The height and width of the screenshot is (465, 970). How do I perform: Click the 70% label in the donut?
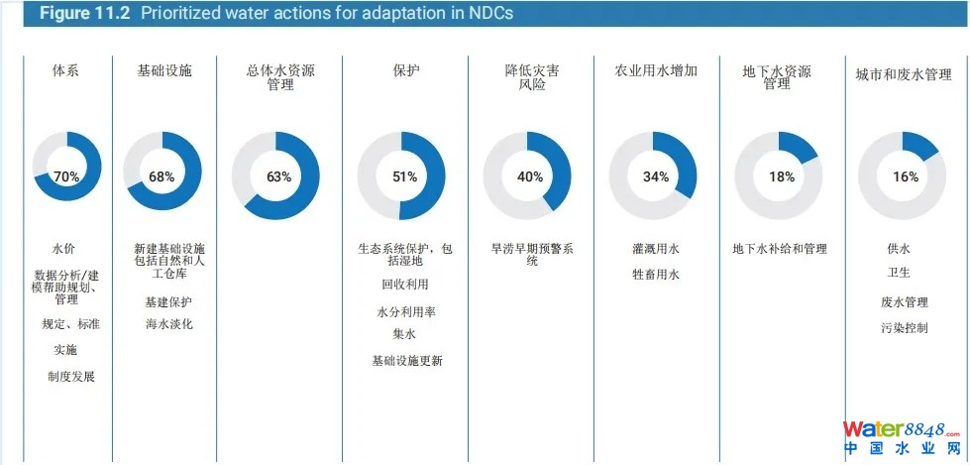[x=66, y=176]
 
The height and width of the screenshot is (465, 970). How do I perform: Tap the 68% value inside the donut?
[x=162, y=176]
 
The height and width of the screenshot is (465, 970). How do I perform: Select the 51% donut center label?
[x=404, y=176]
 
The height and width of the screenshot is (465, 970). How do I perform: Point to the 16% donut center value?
[x=906, y=176]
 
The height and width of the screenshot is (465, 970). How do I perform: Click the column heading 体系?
[x=66, y=71]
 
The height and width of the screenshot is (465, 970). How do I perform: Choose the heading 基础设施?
[x=164, y=71]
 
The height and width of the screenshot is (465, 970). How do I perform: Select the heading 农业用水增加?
[x=656, y=71]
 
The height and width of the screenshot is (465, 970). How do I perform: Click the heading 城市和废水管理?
[x=904, y=73]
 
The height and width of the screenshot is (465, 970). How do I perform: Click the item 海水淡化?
[x=168, y=324]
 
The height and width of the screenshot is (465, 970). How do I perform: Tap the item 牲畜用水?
[x=656, y=275]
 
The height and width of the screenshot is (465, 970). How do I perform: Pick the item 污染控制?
[x=904, y=327]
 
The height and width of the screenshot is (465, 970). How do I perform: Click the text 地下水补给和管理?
[x=780, y=249]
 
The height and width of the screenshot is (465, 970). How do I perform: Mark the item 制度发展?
[x=71, y=376]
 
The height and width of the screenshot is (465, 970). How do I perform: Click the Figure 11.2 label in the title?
[x=85, y=14]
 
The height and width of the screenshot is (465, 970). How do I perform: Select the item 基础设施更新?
[x=407, y=361]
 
